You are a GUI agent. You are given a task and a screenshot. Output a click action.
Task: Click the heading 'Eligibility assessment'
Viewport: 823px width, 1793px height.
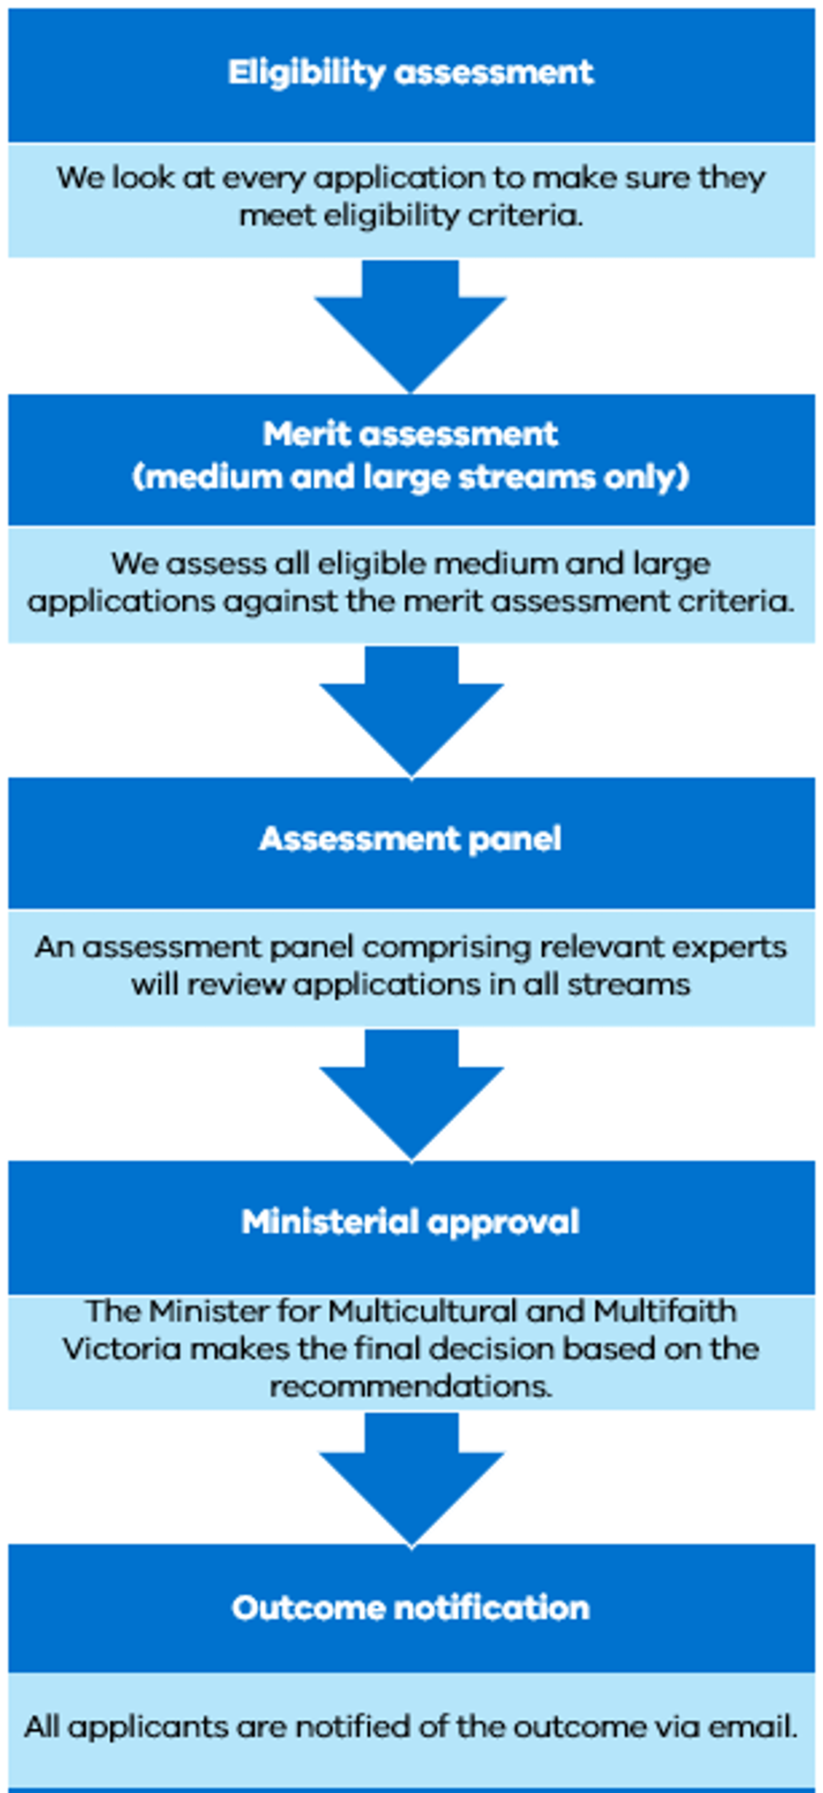click(411, 73)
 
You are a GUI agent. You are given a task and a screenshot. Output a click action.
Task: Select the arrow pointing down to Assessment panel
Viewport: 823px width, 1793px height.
click(411, 711)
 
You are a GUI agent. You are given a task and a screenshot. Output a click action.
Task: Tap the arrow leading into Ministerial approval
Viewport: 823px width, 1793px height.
click(411, 1095)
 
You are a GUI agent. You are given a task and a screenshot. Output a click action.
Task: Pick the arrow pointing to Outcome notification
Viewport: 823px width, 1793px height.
click(411, 1479)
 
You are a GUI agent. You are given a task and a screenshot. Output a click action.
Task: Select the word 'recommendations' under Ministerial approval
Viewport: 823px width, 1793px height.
click(411, 1386)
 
